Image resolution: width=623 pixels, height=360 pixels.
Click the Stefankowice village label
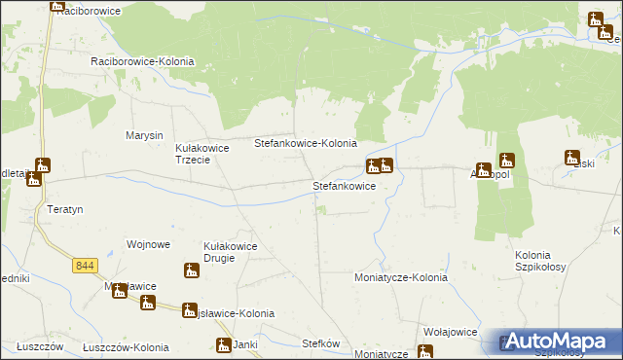(x=344, y=185)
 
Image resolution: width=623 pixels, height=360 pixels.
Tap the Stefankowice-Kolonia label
(x=306, y=143)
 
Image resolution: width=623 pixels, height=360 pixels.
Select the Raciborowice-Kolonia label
(x=142, y=61)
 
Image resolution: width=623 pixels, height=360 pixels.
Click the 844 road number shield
(x=85, y=265)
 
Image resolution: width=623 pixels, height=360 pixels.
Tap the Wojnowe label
(x=149, y=244)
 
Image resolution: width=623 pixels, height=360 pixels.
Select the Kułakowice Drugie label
(x=230, y=253)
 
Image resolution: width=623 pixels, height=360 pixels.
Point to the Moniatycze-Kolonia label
(x=400, y=277)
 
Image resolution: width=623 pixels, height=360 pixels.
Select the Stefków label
(x=320, y=342)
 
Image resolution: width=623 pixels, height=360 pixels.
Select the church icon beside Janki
(x=224, y=344)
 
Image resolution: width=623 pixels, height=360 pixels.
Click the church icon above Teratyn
(x=41, y=166)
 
